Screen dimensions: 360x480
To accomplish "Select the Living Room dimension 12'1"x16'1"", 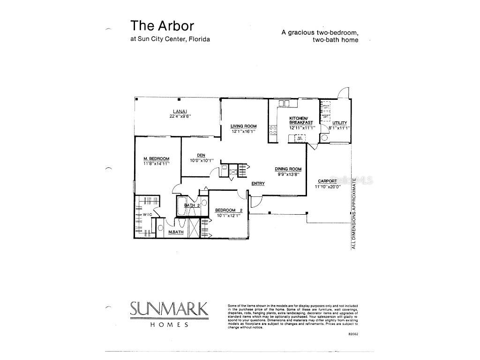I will click(x=243, y=131).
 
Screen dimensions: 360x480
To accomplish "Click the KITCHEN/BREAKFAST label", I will click(x=298, y=120).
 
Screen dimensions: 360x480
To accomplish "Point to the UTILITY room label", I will click(x=339, y=123).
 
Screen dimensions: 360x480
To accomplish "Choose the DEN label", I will click(x=201, y=156).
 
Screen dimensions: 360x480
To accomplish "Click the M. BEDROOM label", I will click(x=156, y=158).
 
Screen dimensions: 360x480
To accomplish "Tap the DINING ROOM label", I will click(x=288, y=169).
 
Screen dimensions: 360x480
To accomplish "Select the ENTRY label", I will click(x=258, y=183).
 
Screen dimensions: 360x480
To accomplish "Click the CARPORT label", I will click(x=327, y=181).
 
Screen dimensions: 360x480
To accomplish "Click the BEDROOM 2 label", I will click(x=228, y=210).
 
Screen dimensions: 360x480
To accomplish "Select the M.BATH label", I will click(x=176, y=232).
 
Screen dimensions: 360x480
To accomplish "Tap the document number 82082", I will click(x=352, y=334).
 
